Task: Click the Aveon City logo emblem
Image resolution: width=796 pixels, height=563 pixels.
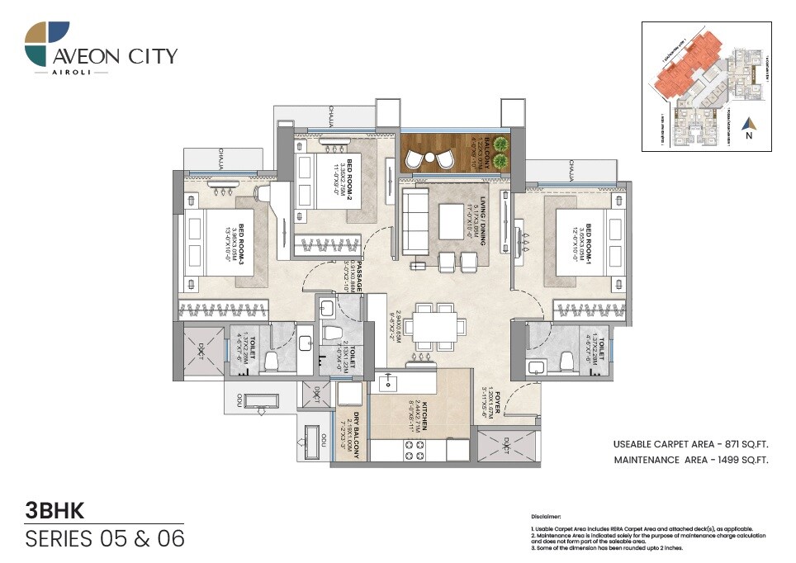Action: pos(47,45)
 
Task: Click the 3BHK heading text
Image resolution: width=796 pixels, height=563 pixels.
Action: pos(56,511)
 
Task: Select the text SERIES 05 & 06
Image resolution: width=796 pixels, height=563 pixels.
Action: pos(105,539)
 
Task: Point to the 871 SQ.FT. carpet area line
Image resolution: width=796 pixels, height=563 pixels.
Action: pos(690,443)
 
